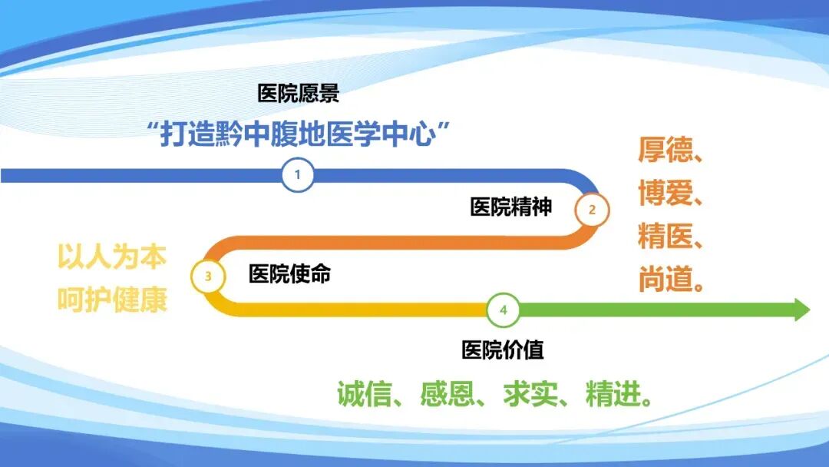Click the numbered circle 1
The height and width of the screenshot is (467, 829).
point(298,176)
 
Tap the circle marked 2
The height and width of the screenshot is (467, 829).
point(592,209)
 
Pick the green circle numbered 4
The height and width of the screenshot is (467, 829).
point(504,310)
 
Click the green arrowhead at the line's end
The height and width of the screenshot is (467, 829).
point(801,310)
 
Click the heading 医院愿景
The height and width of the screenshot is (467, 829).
point(299,94)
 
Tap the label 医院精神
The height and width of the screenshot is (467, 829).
point(511,207)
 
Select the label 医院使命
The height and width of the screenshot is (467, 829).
point(289,274)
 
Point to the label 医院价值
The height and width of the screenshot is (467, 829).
point(503,350)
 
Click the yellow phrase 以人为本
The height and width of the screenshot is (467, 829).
point(112,257)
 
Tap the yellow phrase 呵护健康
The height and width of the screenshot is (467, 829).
point(112,300)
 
